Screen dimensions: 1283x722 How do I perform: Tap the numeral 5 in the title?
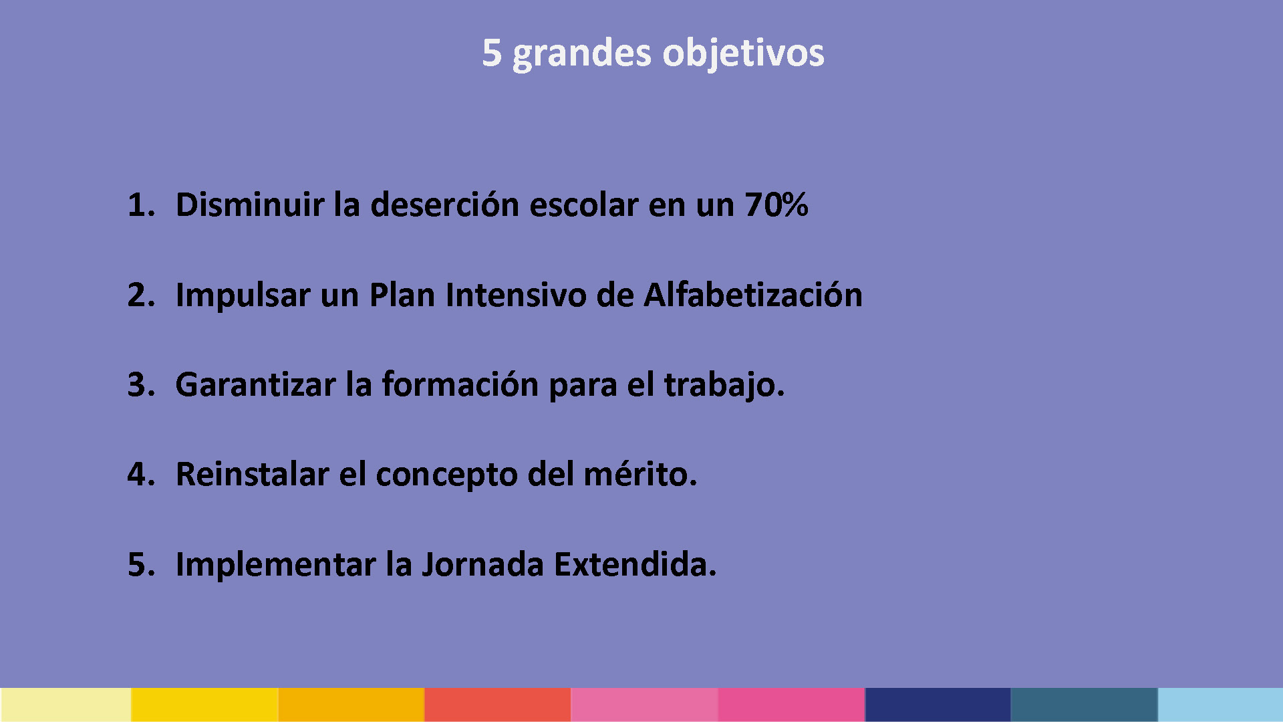pyautogui.click(x=492, y=52)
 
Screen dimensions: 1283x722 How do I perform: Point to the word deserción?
pyautogui.click(x=444, y=205)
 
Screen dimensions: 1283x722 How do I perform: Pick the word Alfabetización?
pyautogui.click(x=753, y=295)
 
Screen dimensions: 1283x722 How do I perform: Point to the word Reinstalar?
pyautogui.click(x=253, y=475)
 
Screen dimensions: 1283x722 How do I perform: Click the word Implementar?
pyautogui.click(x=275, y=566)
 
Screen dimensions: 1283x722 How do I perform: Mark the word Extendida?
pyautogui.click(x=631, y=565)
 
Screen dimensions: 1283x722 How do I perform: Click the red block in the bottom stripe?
pyautogui.click(x=498, y=705)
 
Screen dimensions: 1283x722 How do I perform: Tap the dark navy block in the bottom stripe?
pyautogui.click(x=938, y=705)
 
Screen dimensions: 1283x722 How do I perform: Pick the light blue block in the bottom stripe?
pyautogui.click(x=1220, y=705)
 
